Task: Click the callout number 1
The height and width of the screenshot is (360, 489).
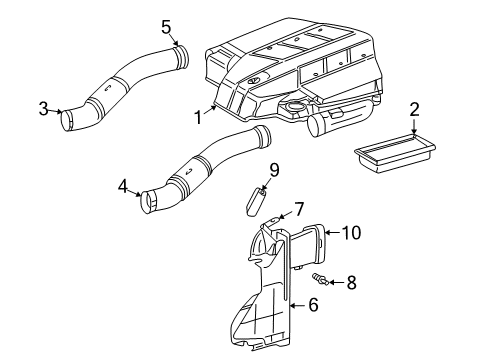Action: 198,119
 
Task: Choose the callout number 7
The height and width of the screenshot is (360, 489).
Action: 297,209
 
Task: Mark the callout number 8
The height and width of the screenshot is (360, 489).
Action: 351,284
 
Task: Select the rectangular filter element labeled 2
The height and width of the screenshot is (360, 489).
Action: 395,154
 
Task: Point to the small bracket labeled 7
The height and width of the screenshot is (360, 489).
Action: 271,226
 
